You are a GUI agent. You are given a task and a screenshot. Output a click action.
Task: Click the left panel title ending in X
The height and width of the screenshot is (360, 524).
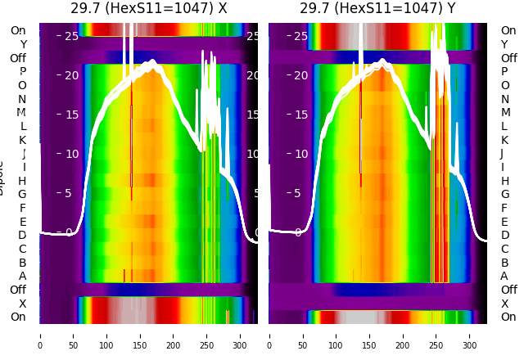(x=148, y=9)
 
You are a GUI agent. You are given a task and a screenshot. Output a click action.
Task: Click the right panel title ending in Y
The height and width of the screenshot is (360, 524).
(x=377, y=9)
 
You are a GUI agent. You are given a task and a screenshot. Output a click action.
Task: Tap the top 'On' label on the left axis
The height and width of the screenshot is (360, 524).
(x=18, y=31)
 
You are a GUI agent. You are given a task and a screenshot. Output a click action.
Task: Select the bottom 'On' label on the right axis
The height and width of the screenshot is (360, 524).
(x=508, y=317)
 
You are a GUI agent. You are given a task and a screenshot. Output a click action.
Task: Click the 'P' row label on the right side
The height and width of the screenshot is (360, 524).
(x=504, y=72)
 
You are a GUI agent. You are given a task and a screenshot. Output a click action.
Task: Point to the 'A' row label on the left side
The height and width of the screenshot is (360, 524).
(x=23, y=277)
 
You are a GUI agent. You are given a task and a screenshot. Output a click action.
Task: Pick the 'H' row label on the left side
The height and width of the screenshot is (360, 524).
(x=23, y=181)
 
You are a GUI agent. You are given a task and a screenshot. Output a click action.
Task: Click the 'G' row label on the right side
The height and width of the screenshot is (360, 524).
(x=504, y=195)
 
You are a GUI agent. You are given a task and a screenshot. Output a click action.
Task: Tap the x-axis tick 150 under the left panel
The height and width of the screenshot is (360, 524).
(x=140, y=335)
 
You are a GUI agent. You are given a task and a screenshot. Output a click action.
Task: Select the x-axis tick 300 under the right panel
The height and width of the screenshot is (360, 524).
(x=470, y=335)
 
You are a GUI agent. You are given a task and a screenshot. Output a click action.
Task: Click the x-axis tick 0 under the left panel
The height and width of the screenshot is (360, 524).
(x=40, y=335)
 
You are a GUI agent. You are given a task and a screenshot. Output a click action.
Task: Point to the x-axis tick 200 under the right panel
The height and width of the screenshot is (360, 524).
(x=403, y=335)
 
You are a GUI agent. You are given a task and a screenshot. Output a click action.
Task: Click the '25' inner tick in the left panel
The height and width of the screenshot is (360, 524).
(x=71, y=36)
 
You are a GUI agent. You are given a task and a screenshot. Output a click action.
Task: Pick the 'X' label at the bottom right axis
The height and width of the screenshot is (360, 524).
(x=504, y=304)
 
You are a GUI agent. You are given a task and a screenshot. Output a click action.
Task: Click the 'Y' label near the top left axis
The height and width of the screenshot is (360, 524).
(x=23, y=45)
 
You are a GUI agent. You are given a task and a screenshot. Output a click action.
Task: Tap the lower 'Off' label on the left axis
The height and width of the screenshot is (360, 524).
(x=18, y=290)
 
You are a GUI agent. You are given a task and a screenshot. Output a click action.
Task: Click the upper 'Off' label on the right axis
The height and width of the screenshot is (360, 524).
(x=508, y=58)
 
